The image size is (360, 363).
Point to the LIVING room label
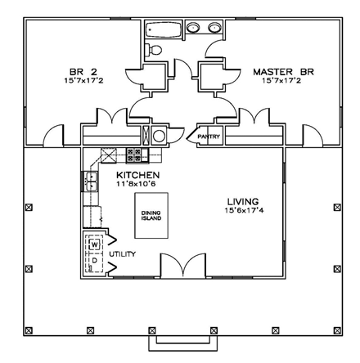pos(243,201)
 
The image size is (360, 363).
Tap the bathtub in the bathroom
pos(160,30)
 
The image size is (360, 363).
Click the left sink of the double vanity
pos(196,29)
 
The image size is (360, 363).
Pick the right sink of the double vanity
pos(215,29)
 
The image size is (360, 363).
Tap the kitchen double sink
pos(92,181)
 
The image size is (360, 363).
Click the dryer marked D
pos(93,262)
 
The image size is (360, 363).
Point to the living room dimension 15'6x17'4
pos(243,211)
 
